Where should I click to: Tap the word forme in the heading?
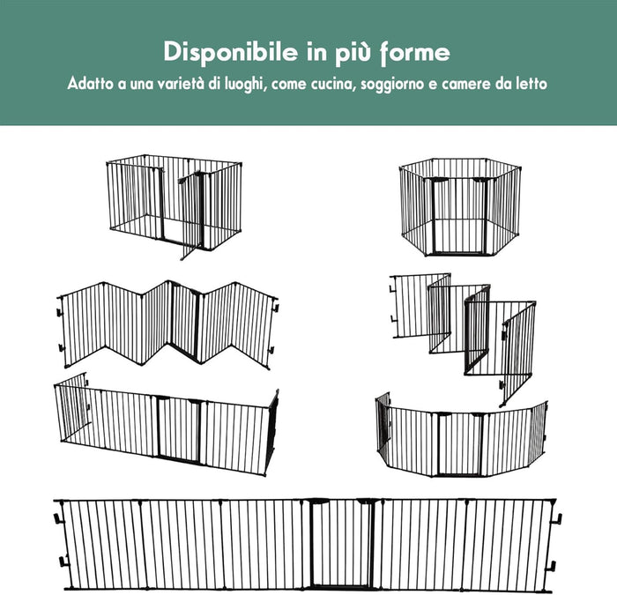(412, 52)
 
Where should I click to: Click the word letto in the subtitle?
(532, 85)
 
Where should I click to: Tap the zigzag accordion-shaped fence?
(167, 322)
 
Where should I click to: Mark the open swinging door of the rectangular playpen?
(189, 216)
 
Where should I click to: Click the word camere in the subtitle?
(465, 85)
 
